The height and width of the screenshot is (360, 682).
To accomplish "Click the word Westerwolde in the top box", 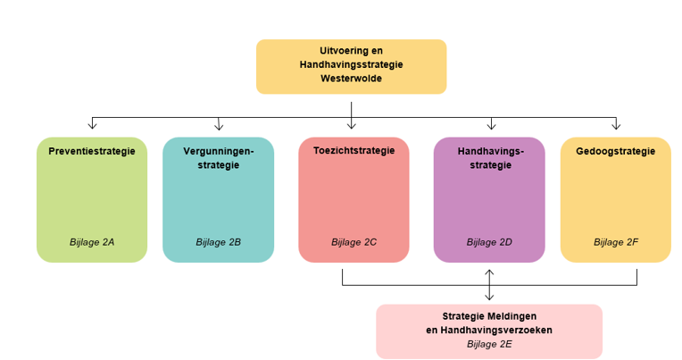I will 351,79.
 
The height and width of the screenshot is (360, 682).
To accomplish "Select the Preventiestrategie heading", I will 92,151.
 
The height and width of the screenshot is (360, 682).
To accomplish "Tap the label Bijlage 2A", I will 92,242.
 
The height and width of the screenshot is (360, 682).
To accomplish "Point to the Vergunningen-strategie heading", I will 218,158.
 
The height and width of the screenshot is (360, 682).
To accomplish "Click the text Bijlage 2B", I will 218,242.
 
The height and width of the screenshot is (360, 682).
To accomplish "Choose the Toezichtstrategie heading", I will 353,151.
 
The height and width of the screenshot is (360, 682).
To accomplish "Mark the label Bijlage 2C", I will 353,242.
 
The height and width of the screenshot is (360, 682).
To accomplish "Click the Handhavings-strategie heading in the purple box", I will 489,158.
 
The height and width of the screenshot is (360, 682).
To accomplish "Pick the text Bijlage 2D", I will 489,242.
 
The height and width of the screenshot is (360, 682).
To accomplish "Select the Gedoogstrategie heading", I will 615,151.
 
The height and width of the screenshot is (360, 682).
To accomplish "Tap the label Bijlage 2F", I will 615,242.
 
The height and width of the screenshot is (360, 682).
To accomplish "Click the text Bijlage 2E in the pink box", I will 489,343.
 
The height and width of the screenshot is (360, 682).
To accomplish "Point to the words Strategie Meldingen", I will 489,316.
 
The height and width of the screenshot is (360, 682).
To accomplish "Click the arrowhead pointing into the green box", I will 92,126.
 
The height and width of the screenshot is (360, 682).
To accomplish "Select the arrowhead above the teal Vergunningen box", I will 219,126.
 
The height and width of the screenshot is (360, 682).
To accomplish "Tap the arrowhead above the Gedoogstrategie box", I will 615,126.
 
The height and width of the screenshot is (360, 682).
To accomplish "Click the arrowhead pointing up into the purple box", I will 489,271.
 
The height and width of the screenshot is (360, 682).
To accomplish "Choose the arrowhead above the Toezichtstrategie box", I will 352,126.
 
